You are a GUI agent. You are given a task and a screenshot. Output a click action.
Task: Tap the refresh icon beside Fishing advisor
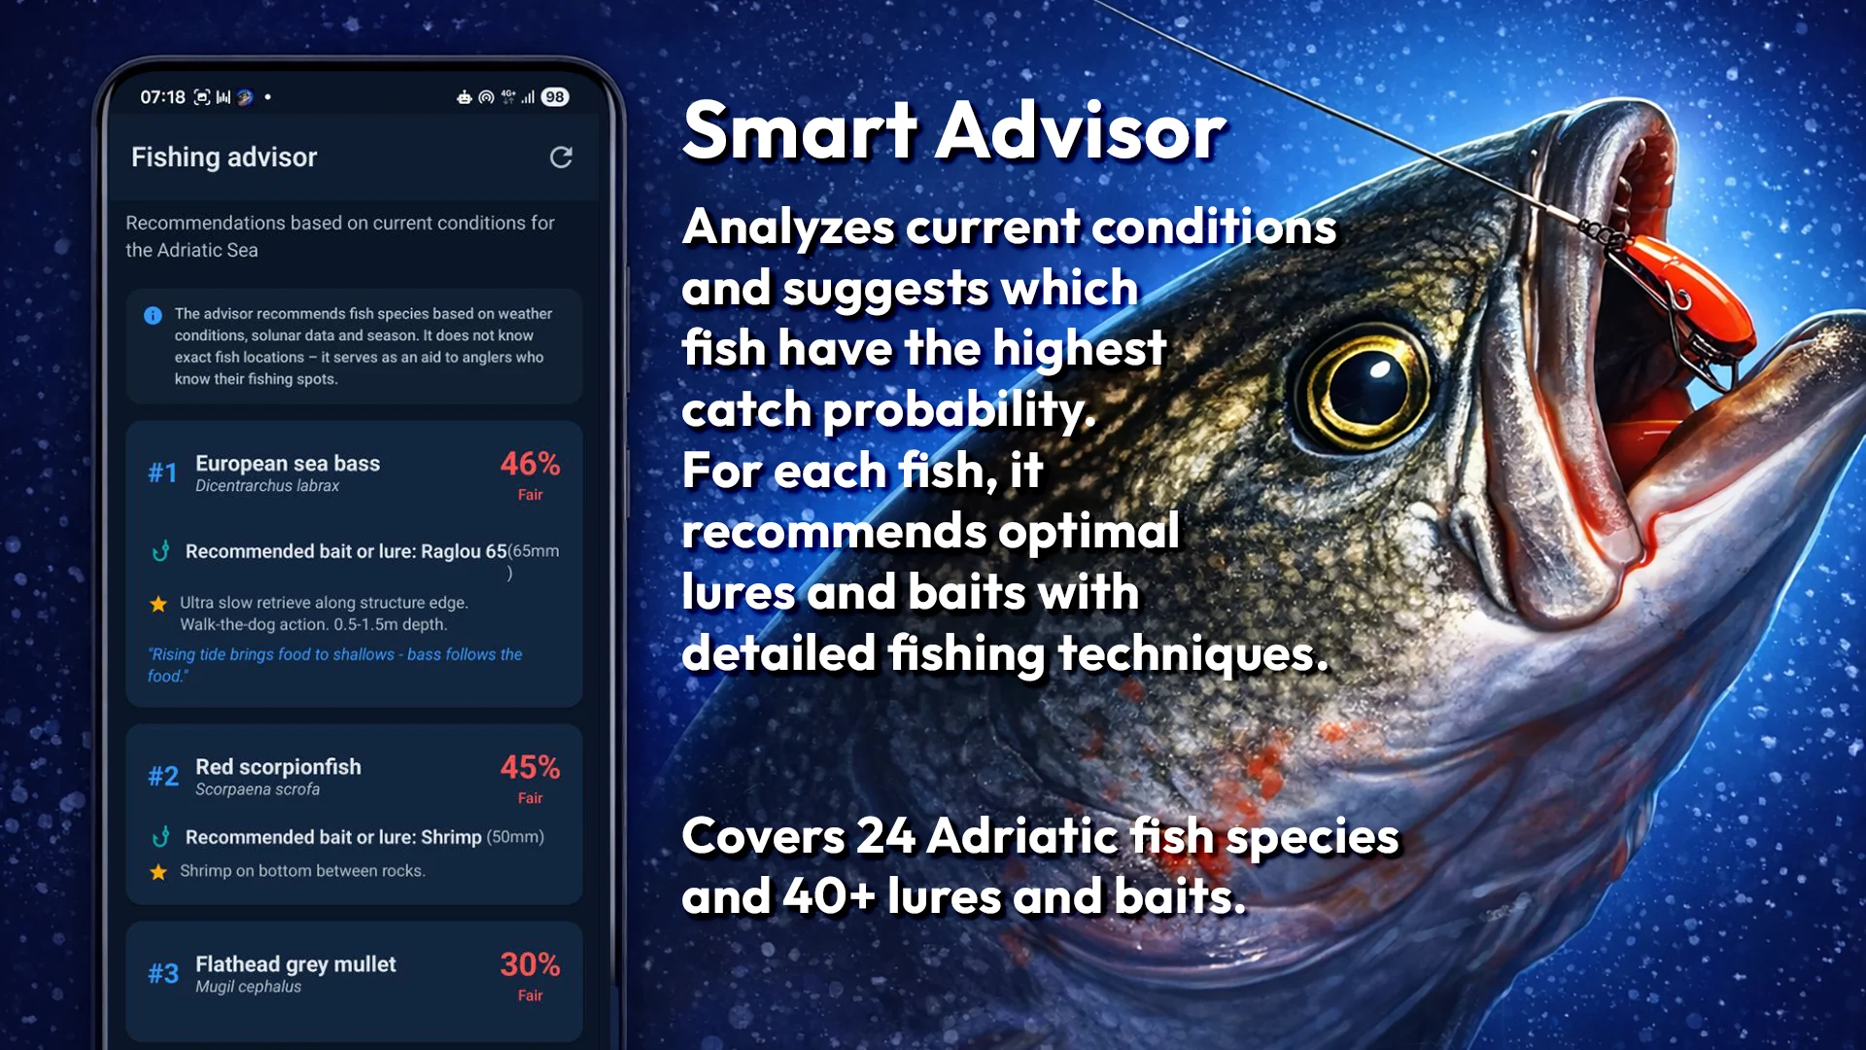(561, 157)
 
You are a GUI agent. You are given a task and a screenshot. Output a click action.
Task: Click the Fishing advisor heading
(224, 157)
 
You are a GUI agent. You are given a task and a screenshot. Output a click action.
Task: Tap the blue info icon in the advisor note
(153, 315)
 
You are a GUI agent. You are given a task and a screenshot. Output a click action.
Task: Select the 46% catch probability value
(530, 464)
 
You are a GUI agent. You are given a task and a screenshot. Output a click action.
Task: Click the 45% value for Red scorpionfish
(530, 767)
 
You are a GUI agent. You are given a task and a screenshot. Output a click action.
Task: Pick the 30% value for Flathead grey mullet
(530, 964)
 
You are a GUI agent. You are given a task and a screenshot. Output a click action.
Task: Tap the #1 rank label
(162, 473)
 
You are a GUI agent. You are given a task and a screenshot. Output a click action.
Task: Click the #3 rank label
(162, 974)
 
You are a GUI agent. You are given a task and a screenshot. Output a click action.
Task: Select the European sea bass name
(288, 463)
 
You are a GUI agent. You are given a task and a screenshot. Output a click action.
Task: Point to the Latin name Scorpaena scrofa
(258, 789)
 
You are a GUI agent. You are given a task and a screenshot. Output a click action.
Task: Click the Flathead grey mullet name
(295, 963)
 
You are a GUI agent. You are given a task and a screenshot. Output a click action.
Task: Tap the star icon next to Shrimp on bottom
(158, 872)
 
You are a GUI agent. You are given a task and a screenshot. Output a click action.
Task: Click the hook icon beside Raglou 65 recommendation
(161, 551)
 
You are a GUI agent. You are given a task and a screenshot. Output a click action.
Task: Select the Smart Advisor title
(953, 131)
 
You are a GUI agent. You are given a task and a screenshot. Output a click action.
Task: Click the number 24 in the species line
(885, 836)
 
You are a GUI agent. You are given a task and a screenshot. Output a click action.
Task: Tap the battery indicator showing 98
(555, 97)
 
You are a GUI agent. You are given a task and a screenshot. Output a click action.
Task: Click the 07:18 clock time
(162, 97)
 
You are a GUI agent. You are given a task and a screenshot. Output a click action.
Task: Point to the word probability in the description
(958, 410)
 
